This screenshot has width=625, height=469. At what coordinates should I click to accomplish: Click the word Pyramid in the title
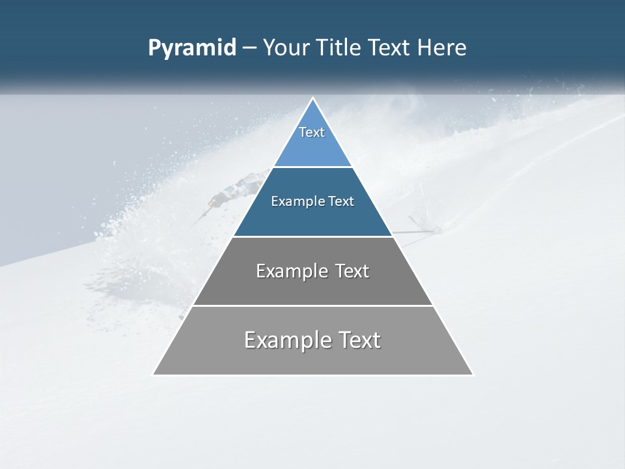(192, 48)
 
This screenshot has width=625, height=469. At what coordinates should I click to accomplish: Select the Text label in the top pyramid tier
(312, 132)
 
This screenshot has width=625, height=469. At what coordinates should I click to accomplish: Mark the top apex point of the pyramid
(312, 98)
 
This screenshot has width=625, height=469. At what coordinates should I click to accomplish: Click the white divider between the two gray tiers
(312, 306)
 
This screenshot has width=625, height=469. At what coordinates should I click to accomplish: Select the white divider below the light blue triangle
(312, 167)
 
